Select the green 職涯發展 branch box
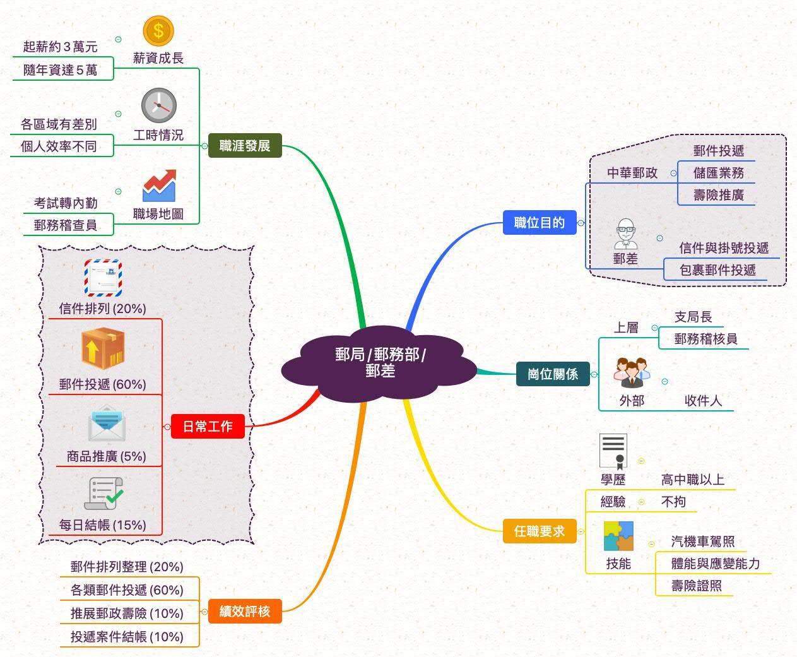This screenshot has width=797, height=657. [x=245, y=146]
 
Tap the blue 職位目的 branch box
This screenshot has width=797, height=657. [x=540, y=222]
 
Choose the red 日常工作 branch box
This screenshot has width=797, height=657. [x=208, y=427]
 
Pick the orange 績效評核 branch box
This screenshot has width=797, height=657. [x=245, y=611]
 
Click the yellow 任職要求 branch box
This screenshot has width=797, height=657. [x=540, y=531]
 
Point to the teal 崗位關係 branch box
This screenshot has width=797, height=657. [x=553, y=374]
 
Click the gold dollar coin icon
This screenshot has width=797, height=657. [x=158, y=30]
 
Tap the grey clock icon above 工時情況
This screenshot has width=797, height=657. [x=158, y=105]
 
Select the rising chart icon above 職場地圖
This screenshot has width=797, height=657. [x=158, y=186]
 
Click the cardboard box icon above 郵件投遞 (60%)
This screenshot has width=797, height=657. [x=103, y=348]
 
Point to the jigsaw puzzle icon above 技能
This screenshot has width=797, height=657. [x=618, y=536]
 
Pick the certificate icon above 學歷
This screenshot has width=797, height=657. [x=613, y=451]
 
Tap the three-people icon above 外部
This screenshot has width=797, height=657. [x=632, y=373]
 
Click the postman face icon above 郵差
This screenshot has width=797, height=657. [x=626, y=234]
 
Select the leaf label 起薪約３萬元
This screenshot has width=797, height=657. [x=61, y=47]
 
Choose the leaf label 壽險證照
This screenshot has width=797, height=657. [x=697, y=586]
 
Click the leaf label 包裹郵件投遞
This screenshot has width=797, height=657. [x=717, y=270]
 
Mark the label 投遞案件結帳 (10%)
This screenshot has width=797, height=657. [x=127, y=636]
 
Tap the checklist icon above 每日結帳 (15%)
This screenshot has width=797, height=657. [x=103, y=494]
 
